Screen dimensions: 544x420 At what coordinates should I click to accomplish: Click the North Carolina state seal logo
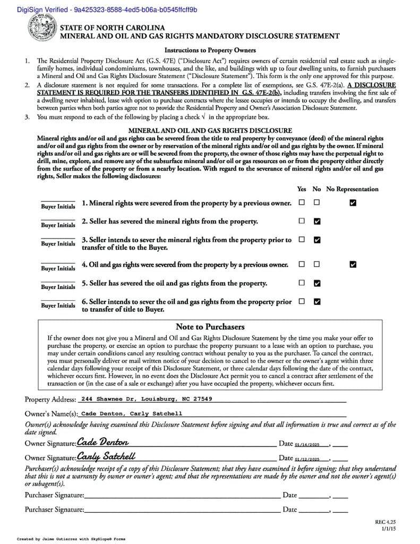[x=40, y=30]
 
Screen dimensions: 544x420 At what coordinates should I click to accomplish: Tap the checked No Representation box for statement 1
[x=353, y=202]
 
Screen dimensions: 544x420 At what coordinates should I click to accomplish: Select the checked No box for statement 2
[x=317, y=221]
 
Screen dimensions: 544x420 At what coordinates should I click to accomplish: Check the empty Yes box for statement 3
[x=302, y=240]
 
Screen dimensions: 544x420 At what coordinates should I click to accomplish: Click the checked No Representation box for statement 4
[x=353, y=264]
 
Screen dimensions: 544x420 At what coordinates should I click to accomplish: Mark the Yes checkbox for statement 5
[x=302, y=283]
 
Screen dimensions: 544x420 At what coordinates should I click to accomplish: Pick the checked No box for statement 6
[x=317, y=302]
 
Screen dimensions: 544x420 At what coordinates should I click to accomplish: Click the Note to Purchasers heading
[x=210, y=327]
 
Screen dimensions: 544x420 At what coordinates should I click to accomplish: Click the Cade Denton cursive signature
[x=103, y=442]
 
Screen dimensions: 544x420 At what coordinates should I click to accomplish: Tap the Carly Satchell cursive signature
[x=106, y=456]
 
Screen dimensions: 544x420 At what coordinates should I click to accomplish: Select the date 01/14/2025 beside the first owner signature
[x=308, y=444]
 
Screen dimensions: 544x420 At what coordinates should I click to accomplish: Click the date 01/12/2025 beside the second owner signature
[x=308, y=458]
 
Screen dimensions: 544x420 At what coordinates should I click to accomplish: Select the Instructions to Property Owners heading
[x=210, y=50]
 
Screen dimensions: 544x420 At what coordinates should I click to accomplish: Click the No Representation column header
[x=352, y=189]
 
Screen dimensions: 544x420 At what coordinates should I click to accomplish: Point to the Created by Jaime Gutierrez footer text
[x=71, y=539]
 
